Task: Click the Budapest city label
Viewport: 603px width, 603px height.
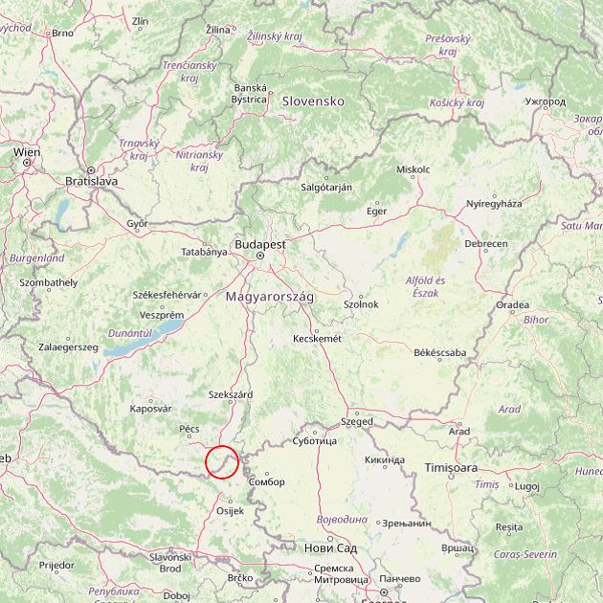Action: (259, 244)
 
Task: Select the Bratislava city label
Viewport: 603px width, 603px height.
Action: (91, 180)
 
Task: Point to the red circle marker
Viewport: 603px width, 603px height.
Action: (222, 461)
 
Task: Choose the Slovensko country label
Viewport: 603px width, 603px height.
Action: (312, 100)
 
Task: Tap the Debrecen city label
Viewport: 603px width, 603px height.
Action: (486, 244)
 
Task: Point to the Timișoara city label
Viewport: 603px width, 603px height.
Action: (451, 468)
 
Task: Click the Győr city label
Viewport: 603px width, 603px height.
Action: (138, 223)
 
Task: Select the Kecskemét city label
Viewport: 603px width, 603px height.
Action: (317, 338)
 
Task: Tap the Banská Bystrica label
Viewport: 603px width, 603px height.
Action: (250, 93)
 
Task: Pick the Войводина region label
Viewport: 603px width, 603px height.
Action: (342, 519)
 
